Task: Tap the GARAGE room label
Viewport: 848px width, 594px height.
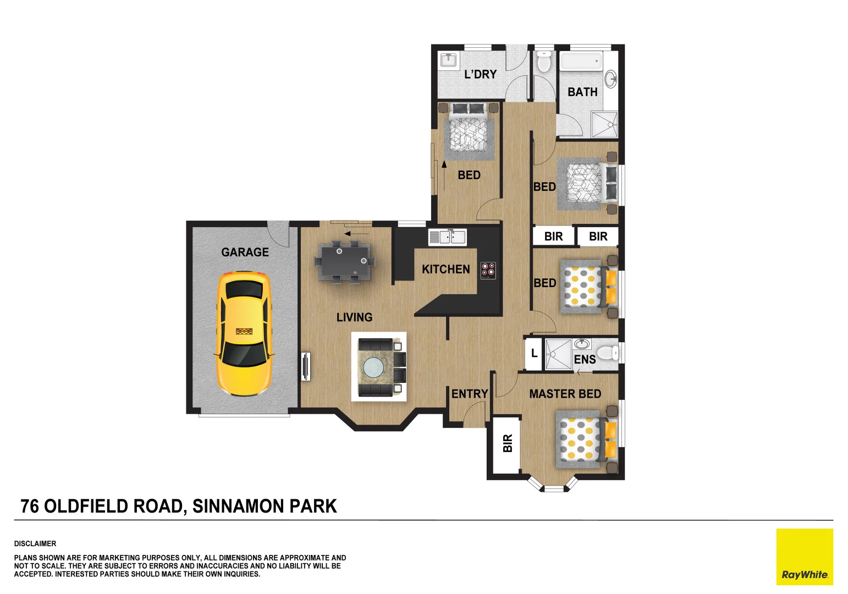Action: (x=245, y=252)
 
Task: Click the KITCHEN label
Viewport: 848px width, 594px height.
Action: (x=445, y=269)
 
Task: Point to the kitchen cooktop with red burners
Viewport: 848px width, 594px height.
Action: (x=488, y=270)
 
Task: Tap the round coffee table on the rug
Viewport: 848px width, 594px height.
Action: (x=374, y=367)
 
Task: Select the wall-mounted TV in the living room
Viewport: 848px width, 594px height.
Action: (x=306, y=366)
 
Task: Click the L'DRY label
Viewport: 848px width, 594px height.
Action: (x=480, y=75)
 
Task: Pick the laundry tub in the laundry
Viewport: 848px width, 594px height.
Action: (x=448, y=59)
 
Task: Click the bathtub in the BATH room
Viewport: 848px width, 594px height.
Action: (x=581, y=61)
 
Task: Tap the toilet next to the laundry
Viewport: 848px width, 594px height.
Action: (x=543, y=62)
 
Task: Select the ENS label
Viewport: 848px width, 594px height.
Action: (x=585, y=360)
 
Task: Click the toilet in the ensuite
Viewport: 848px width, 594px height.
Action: (x=608, y=351)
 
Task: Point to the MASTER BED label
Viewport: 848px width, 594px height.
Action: (x=565, y=394)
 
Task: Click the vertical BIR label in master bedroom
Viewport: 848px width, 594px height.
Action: (x=507, y=443)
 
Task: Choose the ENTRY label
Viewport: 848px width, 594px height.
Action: (x=469, y=394)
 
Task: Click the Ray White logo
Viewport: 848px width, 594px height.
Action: (x=804, y=557)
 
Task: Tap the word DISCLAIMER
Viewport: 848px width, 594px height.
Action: (x=35, y=543)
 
